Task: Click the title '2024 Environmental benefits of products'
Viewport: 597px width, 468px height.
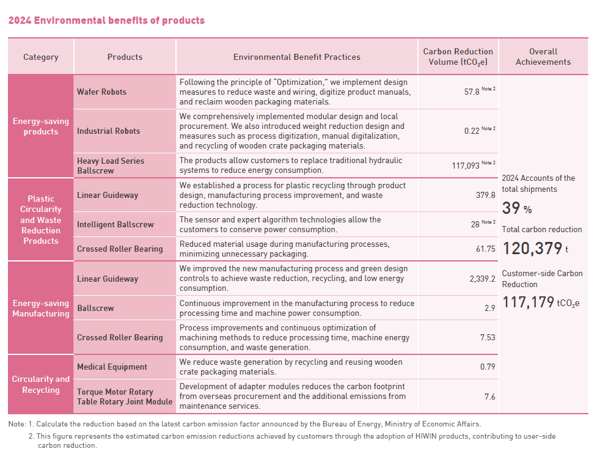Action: [106, 20]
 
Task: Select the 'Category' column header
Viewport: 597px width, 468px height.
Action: [41, 57]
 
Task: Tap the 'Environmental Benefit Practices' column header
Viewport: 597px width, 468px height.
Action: [296, 57]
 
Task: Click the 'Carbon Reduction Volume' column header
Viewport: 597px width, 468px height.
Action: [458, 57]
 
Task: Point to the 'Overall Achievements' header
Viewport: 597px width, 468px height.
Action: [543, 57]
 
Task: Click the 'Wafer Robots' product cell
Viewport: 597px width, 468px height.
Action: [101, 92]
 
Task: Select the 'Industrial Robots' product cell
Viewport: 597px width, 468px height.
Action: [108, 131]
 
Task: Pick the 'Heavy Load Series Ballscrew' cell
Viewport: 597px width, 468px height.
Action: [111, 166]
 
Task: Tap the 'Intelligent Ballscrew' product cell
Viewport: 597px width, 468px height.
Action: [115, 224]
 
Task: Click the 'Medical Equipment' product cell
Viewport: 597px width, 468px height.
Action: [112, 367]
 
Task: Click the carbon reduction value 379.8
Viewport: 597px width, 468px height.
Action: [485, 195]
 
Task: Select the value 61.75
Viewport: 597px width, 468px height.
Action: [485, 249]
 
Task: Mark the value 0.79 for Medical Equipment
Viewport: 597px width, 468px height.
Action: [487, 367]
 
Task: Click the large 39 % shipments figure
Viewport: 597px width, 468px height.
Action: [517, 209]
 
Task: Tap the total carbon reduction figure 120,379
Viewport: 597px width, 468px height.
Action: [532, 249]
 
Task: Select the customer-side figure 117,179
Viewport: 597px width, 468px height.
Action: [528, 302]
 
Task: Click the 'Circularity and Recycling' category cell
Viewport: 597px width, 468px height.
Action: [41, 384]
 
